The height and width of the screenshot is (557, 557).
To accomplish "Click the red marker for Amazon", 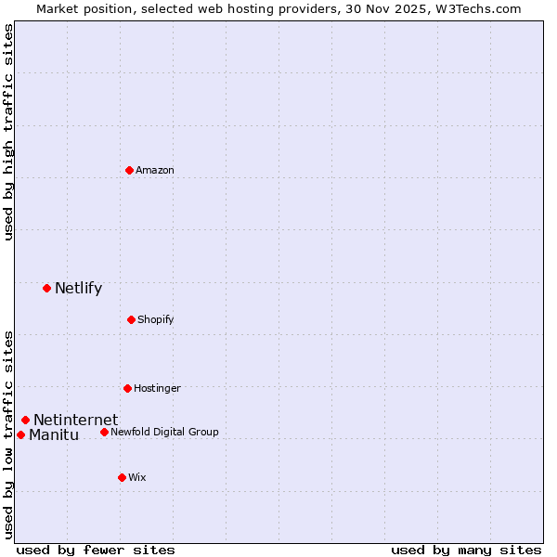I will tap(129, 170).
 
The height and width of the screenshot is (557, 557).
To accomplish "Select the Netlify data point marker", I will tap(46, 288).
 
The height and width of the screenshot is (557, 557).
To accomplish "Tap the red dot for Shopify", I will tap(131, 319).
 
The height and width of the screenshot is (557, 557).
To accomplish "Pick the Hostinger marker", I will tap(127, 388).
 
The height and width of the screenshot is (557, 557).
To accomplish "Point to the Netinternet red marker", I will tap(25, 420).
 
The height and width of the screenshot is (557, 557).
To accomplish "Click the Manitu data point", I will tap(20, 434).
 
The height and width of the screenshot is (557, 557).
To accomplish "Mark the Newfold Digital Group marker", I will tap(104, 432).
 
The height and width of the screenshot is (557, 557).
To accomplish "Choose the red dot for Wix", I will tap(122, 477).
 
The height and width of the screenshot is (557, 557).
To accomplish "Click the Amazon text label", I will tap(155, 170).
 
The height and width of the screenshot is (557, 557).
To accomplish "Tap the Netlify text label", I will tap(78, 288).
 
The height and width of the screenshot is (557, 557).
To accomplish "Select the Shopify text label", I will tap(156, 319).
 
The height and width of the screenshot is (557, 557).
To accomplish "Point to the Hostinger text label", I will tap(157, 388).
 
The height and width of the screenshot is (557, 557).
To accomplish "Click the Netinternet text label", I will tap(75, 420).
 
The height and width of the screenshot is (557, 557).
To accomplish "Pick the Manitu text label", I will tap(54, 434).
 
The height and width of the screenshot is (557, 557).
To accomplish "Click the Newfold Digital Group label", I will tap(164, 432).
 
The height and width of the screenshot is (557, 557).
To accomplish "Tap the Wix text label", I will tap(137, 477).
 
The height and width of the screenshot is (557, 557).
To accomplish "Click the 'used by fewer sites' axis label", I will tap(96, 550).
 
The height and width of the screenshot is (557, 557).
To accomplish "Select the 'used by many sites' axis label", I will tap(466, 550).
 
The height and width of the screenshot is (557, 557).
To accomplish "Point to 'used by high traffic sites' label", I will tap(9, 132).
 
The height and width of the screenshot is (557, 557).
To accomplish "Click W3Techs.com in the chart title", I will tap(474, 8).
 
